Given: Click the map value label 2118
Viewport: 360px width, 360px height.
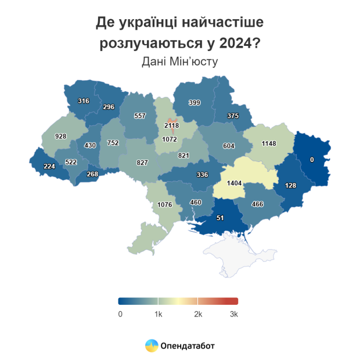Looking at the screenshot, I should [172, 125].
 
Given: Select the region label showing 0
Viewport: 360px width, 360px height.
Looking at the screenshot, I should [312, 159].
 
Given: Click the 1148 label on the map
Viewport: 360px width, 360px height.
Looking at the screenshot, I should [268, 143].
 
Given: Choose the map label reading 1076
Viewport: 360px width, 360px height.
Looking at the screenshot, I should [165, 204].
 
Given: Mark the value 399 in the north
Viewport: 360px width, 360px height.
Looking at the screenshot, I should [195, 103].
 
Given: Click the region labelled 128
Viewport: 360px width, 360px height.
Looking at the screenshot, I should [291, 185].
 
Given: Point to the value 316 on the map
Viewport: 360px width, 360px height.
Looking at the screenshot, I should [83, 101].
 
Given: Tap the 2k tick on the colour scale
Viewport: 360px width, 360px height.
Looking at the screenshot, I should [197, 314].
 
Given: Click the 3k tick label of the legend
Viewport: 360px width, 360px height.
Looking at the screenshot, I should [234, 314].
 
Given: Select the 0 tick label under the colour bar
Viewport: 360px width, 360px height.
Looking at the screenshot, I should [120, 314].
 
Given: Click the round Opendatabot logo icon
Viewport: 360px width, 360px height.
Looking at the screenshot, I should [152, 345].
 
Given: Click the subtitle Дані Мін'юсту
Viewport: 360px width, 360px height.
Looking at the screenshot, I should [179, 61].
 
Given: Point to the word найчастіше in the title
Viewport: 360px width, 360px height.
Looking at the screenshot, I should [224, 23].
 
